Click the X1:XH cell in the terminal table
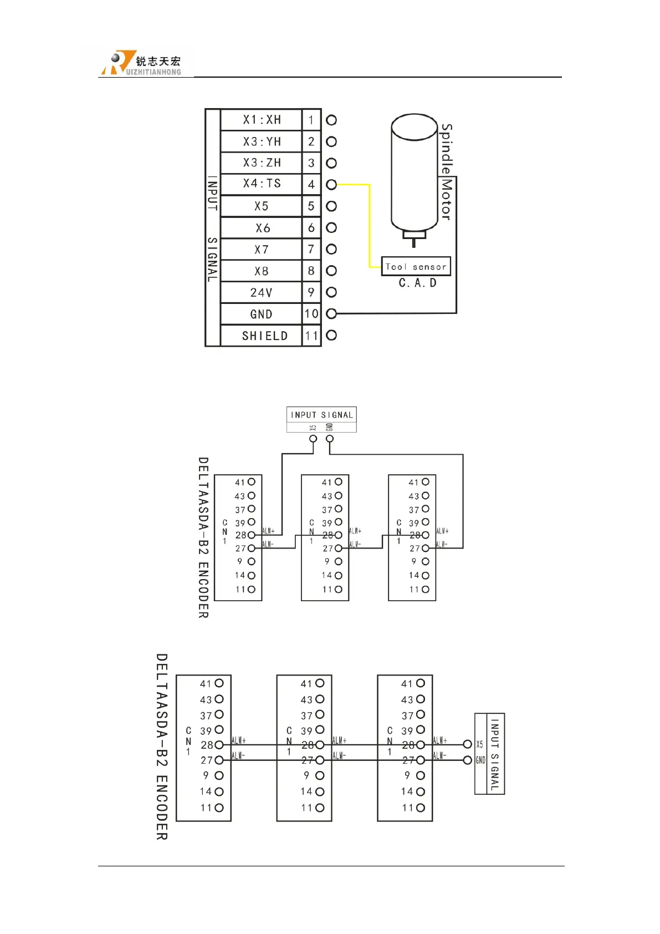[x=262, y=120]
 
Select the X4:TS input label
[x=262, y=184]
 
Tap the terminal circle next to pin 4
[x=331, y=185]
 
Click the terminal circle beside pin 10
[x=331, y=314]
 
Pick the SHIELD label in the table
[x=264, y=336]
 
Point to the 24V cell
[x=261, y=293]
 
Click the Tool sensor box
[x=416, y=267]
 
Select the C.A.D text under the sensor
[x=417, y=283]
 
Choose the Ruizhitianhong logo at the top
[x=141, y=63]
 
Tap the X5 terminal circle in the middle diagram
[x=313, y=439]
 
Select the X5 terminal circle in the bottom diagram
[x=467, y=744]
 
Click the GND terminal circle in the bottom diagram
[x=467, y=760]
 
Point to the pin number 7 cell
[x=311, y=250]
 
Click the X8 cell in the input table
[x=261, y=271]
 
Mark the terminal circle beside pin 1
[x=331, y=120]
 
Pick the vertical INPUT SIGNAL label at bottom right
[x=495, y=754]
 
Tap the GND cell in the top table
[x=261, y=314]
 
